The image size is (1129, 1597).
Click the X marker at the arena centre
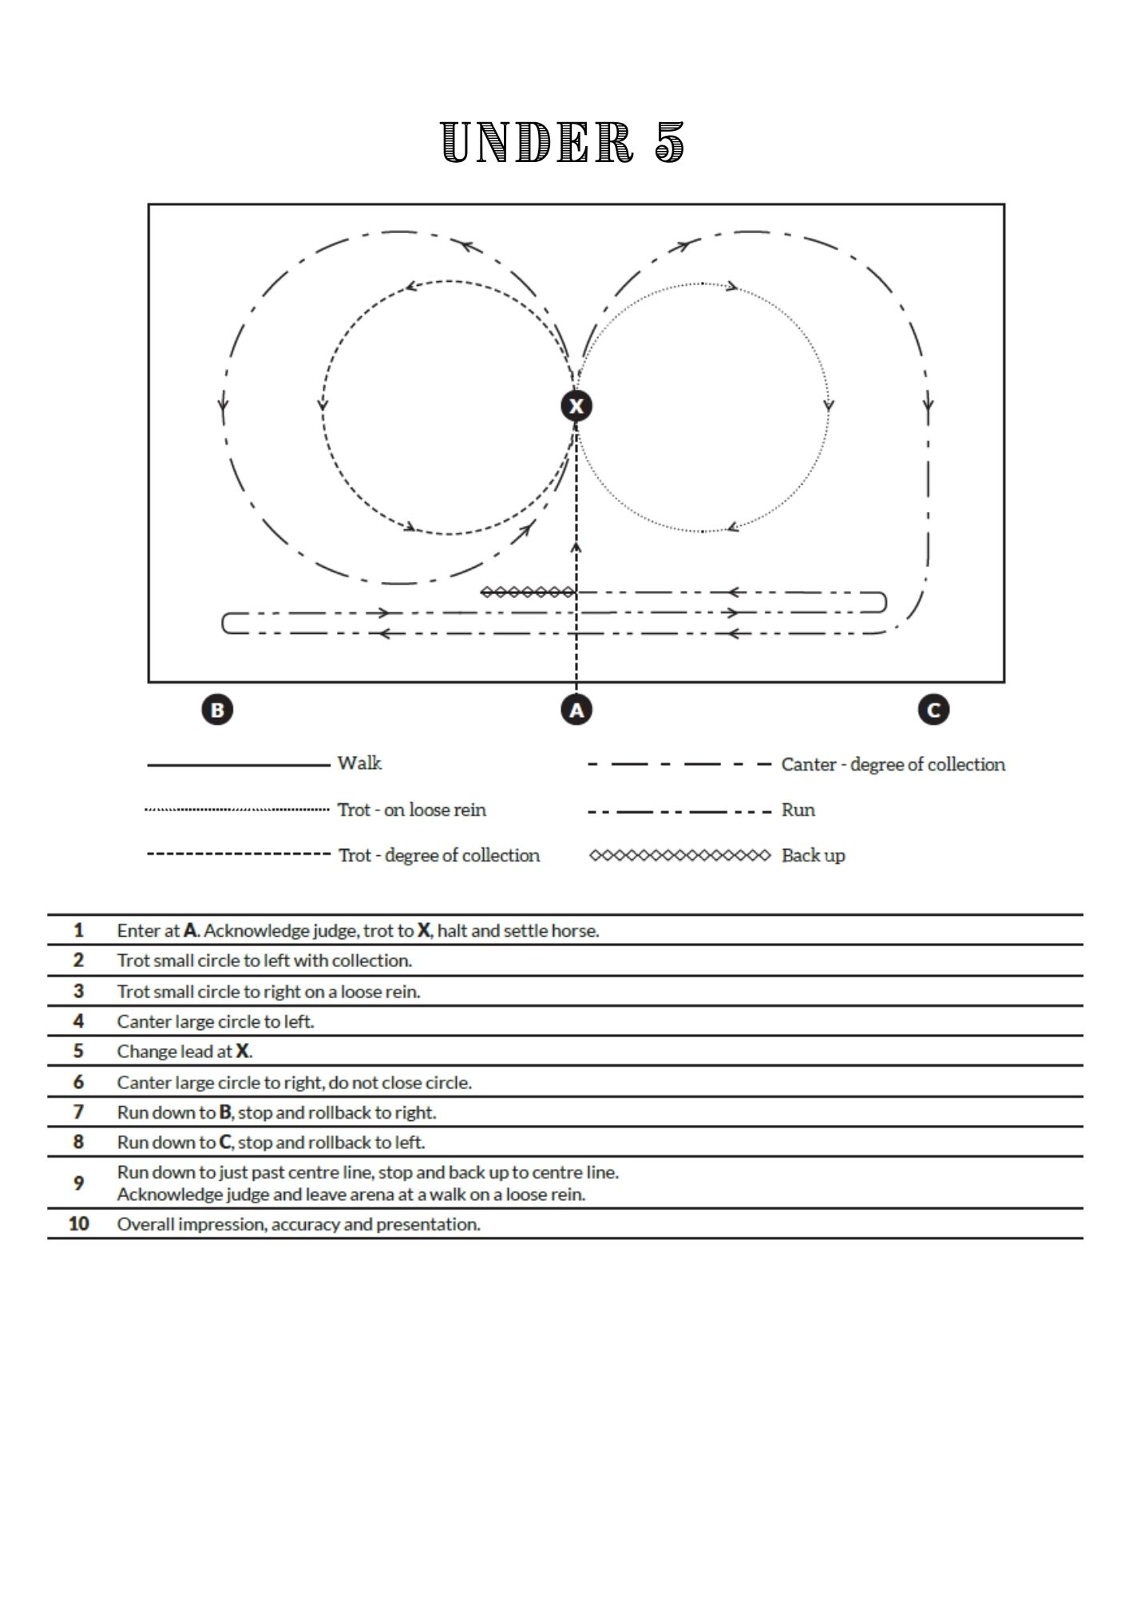tap(576, 406)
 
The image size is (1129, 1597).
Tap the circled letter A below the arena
tap(576, 709)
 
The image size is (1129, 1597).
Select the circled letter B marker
tap(217, 709)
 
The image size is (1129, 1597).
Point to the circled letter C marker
tap(933, 709)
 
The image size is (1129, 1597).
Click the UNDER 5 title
tap(563, 144)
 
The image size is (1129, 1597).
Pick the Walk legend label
tap(359, 763)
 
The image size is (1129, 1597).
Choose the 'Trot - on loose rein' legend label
tap(411, 810)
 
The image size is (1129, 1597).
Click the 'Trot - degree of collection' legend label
tap(438, 855)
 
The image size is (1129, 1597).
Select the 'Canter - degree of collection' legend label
tap(893, 764)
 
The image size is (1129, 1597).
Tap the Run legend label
tap(798, 810)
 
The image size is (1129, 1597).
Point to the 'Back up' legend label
tap(813, 855)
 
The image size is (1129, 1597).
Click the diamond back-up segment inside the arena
tap(528, 592)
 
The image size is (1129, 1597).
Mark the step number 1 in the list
tap(78, 930)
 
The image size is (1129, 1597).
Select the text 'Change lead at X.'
tap(184, 1052)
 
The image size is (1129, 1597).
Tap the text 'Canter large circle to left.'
tap(216, 1021)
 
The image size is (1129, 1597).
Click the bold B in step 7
tap(225, 1112)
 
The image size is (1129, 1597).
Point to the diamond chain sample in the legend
tap(679, 855)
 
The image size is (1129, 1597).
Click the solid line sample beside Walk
tap(238, 765)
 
